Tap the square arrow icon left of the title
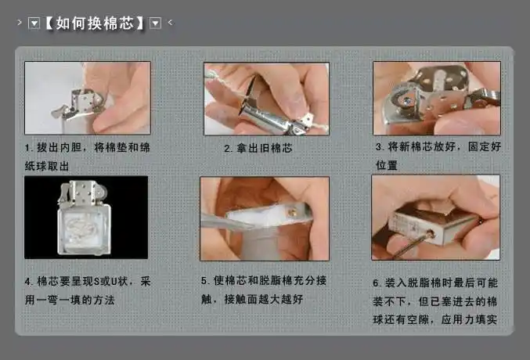[x=34, y=23]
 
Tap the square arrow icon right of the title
[x=155, y=23]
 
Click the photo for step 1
[x=87, y=97]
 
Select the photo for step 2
[x=266, y=99]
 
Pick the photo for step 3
[x=436, y=98]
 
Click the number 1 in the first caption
[x=27, y=147]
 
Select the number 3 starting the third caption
[x=379, y=146]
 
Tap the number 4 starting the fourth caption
[x=28, y=280]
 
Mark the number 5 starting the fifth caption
[x=204, y=280]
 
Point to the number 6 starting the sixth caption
[x=377, y=283]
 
